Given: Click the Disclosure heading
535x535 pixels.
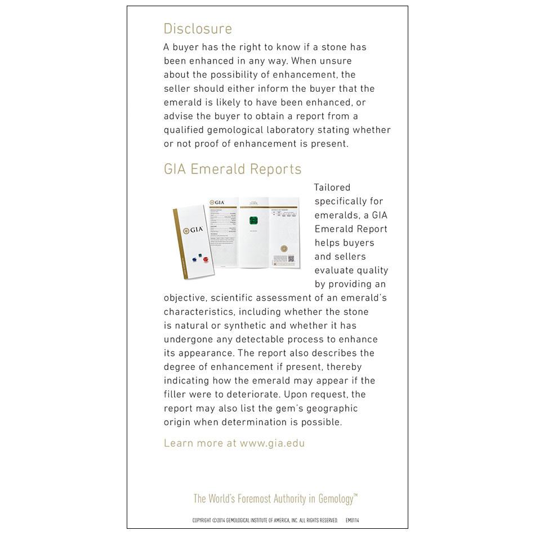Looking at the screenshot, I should click(198, 29).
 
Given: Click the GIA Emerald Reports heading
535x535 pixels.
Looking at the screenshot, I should click(233, 169).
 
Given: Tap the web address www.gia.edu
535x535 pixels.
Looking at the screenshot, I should click(272, 443).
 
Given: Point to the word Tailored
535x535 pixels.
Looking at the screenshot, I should click(332, 188).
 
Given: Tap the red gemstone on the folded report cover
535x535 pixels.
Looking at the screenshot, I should click(206, 259).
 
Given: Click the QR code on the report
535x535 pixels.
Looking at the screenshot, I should click(291, 259).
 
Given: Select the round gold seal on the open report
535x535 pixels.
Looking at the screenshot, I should click(284, 248).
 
